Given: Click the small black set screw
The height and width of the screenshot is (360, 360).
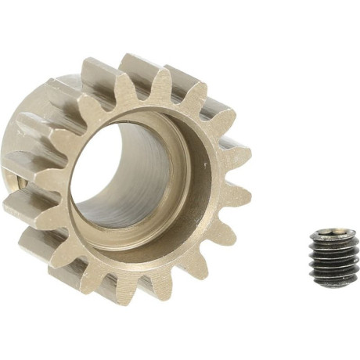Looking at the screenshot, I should [332, 257].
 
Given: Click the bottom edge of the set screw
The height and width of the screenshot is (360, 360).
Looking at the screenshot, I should [332, 284].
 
